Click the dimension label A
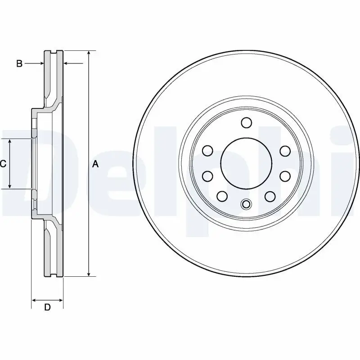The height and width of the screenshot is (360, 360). pos(95,164)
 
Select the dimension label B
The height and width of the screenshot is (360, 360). pos(19,63)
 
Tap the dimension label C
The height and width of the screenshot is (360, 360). pos(3,164)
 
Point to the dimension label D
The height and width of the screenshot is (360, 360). pos(47,308)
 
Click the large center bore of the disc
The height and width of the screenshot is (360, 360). pos(246,162)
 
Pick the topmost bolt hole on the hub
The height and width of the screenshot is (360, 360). pos(246,122)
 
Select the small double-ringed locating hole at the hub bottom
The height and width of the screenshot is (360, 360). pos(246,205)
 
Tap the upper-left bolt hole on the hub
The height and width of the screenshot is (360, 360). pos(207,150)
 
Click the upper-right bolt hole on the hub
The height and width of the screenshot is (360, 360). pos(285,150)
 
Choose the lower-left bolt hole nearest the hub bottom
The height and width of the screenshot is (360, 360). pos(222,196)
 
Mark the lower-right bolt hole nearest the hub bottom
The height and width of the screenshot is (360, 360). pos(270,196)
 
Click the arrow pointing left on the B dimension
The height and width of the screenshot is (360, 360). pos(67,63)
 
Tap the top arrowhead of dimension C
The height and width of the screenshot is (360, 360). pos(10,142)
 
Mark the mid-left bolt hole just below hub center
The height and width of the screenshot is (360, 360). pos(207,175)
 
